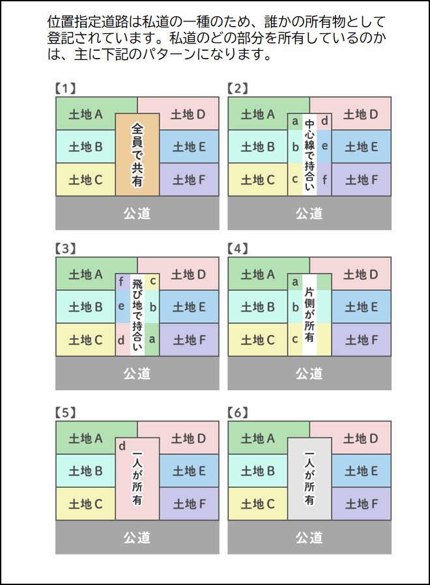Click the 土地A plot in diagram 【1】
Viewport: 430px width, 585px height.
85,114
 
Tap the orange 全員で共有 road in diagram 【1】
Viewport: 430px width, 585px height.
137,155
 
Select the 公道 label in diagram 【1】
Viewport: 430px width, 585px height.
137,214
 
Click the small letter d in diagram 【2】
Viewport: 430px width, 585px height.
324,121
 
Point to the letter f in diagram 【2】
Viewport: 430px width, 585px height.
324,179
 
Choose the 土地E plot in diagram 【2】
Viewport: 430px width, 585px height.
362,147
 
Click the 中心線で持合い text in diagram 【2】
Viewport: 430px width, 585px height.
309,155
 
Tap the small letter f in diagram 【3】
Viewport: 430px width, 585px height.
121,281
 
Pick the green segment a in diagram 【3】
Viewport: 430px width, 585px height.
152,339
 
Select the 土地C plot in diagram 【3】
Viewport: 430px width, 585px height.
85,340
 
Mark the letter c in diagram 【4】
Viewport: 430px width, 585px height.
295,340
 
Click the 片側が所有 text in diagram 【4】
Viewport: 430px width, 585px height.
309,315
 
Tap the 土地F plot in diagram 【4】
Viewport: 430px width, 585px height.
362,340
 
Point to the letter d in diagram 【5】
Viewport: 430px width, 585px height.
122,446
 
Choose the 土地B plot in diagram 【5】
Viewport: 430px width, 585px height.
85,471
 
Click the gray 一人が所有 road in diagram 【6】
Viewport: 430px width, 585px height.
309,479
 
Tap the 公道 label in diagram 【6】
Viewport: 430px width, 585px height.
309,537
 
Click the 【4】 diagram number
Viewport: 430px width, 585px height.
238,248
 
